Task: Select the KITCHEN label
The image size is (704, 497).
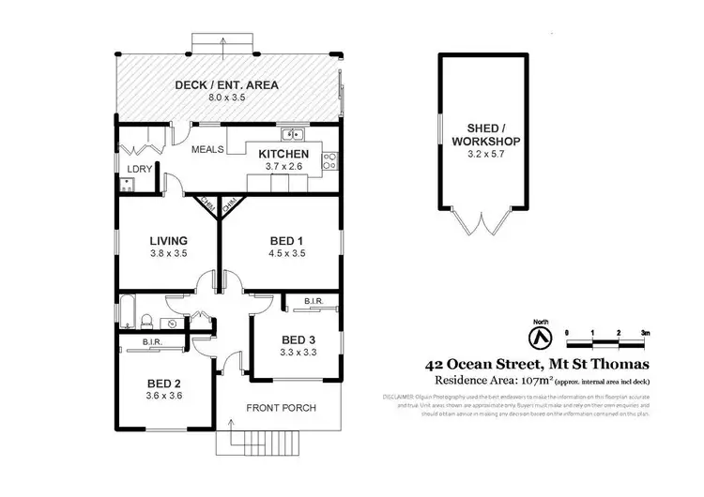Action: [283, 153]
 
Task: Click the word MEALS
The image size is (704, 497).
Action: [208, 150]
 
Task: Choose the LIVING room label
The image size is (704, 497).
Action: [168, 240]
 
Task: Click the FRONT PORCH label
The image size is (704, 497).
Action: [281, 408]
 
